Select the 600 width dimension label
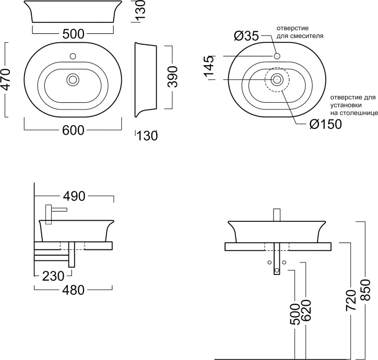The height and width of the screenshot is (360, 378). (x=73, y=130)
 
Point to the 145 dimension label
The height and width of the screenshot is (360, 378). (x=209, y=67)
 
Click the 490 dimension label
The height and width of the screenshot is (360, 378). (x=74, y=196)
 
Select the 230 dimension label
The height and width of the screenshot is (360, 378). (x=54, y=275)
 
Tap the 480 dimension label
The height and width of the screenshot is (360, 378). (x=74, y=291)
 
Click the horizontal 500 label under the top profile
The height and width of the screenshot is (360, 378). (x=73, y=34)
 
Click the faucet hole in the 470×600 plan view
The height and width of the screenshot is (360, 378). (x=74, y=55)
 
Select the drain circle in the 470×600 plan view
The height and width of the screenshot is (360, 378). (x=73, y=79)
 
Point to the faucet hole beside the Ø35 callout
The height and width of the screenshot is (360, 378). (x=277, y=55)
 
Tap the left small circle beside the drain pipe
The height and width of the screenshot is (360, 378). (x=269, y=261)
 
